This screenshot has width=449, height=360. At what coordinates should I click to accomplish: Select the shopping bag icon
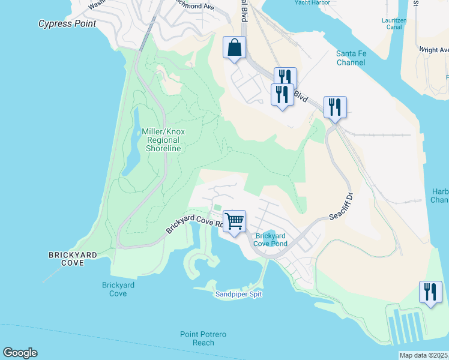tap(234, 47)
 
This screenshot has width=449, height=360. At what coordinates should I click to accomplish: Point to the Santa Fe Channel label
tap(351, 58)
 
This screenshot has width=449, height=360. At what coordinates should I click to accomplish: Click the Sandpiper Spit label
tap(238, 294)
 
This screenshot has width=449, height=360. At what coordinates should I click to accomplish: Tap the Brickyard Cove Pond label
tap(270, 239)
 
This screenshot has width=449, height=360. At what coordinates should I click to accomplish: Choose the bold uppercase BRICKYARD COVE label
tap(73, 259)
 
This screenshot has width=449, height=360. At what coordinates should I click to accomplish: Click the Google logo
tap(20, 353)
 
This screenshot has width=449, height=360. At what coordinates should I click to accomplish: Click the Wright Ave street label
tap(433, 50)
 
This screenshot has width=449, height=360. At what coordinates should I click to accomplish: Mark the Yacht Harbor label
tap(313, 3)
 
